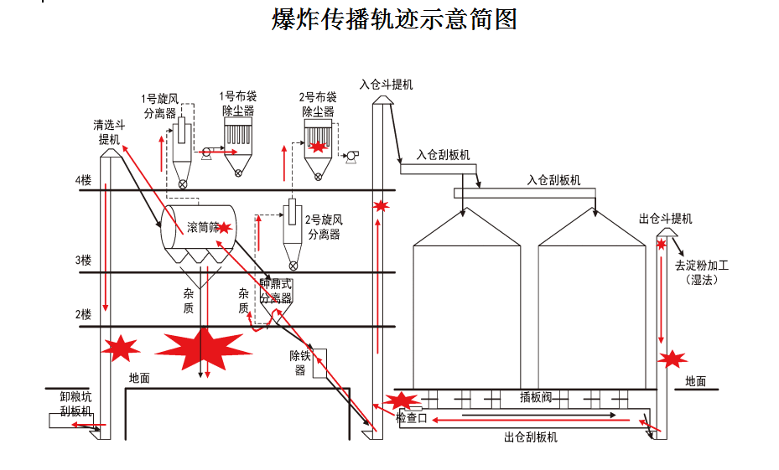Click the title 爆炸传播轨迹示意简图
pos(393,18)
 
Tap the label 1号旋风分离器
pos(159,106)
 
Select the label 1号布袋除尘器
pos(237,103)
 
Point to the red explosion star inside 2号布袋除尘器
pos(319,147)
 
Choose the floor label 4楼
pos(82,180)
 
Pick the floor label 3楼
pos(82,261)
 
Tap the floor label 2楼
pos(82,314)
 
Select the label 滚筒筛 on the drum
pos(204,226)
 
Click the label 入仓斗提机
pos(386,85)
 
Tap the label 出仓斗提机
pos(665,219)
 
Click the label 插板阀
pos(537,397)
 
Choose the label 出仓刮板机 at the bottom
pos(530,436)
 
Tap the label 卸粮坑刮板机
pos(75,404)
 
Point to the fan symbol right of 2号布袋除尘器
pos(351,154)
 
